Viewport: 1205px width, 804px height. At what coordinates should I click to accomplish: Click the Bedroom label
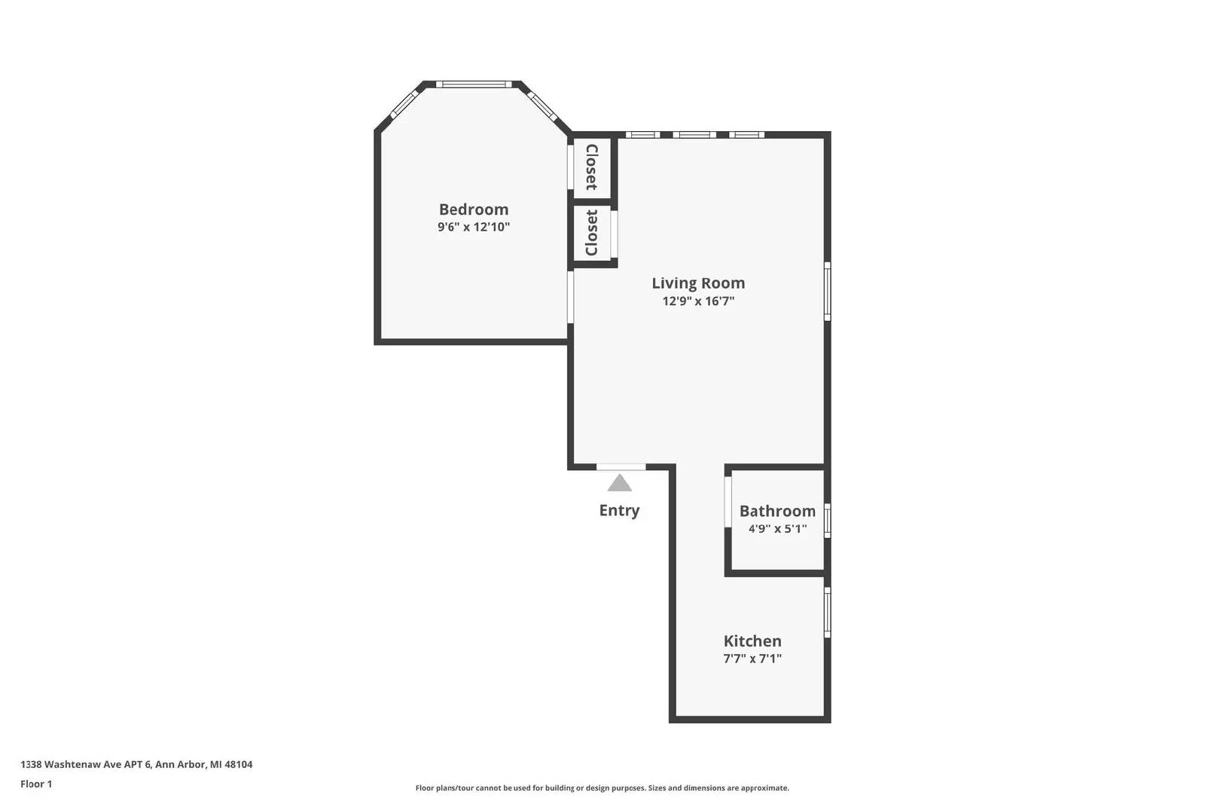tap(474, 209)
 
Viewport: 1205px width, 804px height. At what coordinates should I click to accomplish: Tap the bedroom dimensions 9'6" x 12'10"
tap(474, 227)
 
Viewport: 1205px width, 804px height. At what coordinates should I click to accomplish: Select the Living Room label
tap(698, 283)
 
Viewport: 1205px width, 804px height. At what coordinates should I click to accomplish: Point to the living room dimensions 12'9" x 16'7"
tap(698, 301)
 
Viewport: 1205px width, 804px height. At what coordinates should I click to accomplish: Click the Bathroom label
tap(777, 511)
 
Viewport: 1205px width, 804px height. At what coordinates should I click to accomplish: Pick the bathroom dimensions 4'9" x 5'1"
tap(777, 528)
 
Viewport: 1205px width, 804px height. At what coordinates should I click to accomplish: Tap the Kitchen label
tap(752, 641)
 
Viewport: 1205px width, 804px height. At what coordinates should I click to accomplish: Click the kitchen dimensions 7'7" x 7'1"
tap(752, 658)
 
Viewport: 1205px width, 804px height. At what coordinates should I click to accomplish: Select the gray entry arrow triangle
tap(620, 484)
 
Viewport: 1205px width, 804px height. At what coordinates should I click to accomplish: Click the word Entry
tap(619, 510)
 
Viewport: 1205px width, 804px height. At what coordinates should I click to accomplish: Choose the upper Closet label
tap(592, 167)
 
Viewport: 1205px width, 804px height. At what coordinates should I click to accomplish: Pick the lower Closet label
tap(592, 233)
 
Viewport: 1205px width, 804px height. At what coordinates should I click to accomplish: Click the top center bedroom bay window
tap(474, 84)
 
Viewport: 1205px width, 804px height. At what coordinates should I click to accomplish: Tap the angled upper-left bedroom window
tap(404, 105)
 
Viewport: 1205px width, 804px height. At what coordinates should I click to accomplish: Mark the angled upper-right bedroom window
tap(542, 105)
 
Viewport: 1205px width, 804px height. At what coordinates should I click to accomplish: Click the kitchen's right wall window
tap(828, 613)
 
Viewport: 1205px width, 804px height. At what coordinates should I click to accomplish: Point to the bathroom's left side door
tap(728, 502)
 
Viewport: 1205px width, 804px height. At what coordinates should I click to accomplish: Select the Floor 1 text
tap(36, 784)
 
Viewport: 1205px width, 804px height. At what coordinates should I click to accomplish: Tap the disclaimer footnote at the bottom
tap(602, 788)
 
